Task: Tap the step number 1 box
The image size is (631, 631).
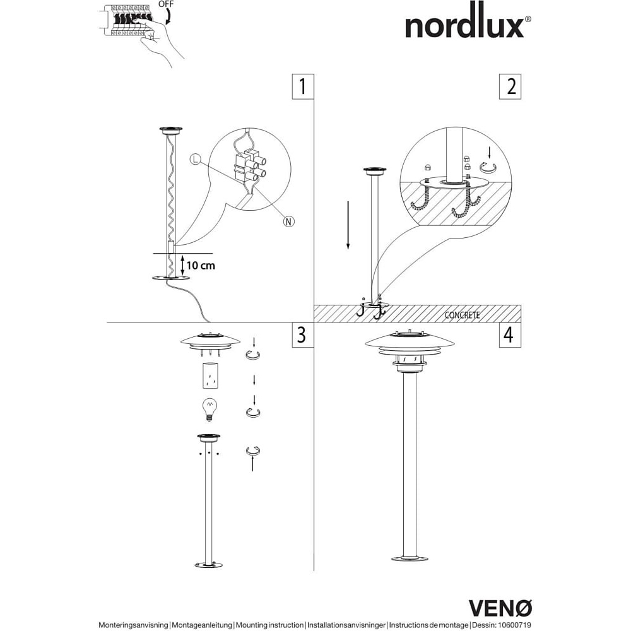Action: (303, 86)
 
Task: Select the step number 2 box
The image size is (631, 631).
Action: (510, 86)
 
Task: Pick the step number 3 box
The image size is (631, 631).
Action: (303, 334)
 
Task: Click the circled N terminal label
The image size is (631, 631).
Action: (289, 221)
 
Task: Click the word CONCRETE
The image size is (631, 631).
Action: (463, 315)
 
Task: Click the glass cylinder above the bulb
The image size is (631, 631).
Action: (209, 377)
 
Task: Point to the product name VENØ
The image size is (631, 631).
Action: (500, 607)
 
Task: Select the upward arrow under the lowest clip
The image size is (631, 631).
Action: (253, 464)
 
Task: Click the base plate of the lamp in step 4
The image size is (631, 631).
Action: (410, 558)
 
